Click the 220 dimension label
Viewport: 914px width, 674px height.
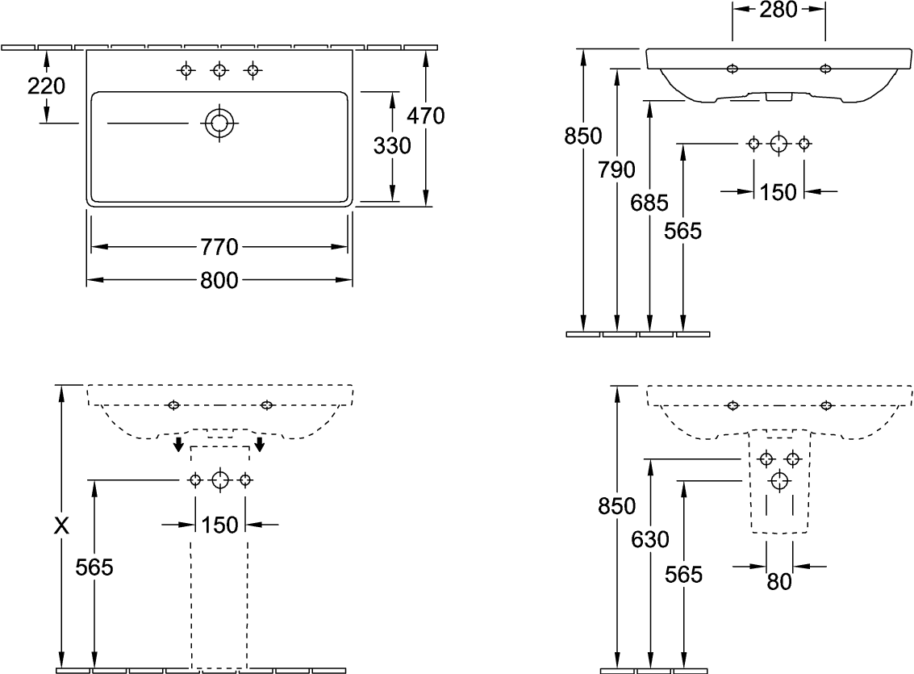(x=46, y=86)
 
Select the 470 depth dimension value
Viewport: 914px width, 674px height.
(x=425, y=116)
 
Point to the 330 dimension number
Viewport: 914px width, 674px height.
(x=392, y=146)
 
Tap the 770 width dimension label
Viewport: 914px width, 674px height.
(x=219, y=246)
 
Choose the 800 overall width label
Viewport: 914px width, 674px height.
(x=219, y=280)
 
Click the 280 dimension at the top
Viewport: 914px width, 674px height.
(x=778, y=10)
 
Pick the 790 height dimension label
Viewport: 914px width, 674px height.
(x=616, y=170)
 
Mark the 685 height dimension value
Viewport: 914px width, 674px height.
(x=650, y=203)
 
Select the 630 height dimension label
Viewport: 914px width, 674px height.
(x=650, y=539)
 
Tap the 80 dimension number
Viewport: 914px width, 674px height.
(x=778, y=581)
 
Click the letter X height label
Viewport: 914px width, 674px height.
(x=61, y=526)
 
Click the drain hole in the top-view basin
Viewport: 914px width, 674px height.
(x=218, y=123)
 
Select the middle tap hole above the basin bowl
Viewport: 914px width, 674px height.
(x=219, y=71)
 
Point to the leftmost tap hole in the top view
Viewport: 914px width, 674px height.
(x=186, y=71)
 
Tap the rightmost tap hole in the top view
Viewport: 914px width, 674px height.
(x=252, y=71)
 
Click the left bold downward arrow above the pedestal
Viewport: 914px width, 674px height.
(x=177, y=445)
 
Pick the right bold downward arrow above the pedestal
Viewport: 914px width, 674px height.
(x=260, y=445)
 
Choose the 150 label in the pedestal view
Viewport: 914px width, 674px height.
(x=220, y=525)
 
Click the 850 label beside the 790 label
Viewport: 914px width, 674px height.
(x=582, y=136)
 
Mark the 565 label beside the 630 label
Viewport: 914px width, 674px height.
(x=683, y=575)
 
